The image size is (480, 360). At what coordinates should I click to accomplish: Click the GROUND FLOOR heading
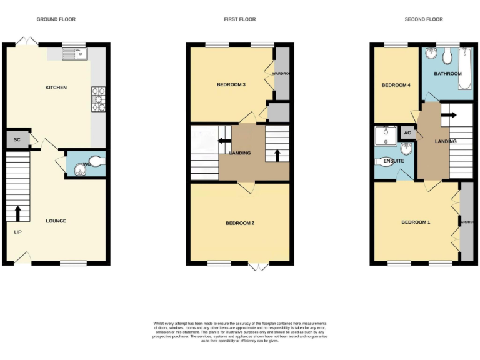pos(56,19)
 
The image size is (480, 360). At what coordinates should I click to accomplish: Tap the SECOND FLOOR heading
pos(424,19)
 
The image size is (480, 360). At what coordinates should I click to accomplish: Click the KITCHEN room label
pos(56,87)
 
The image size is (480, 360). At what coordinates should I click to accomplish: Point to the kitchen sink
pos(75,54)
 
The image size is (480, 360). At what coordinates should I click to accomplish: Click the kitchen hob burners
pos(99,99)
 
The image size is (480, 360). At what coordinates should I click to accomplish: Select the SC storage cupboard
pos(17,139)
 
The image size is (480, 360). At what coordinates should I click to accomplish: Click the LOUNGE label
pos(56,221)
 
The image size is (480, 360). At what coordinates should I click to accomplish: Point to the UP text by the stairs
pos(17,232)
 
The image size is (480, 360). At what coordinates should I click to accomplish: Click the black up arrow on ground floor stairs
pos(17,213)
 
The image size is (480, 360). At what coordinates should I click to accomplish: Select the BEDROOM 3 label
pos(231,84)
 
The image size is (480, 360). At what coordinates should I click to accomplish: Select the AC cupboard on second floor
pos(407,132)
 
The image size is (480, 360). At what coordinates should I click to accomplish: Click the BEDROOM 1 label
pos(416,222)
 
